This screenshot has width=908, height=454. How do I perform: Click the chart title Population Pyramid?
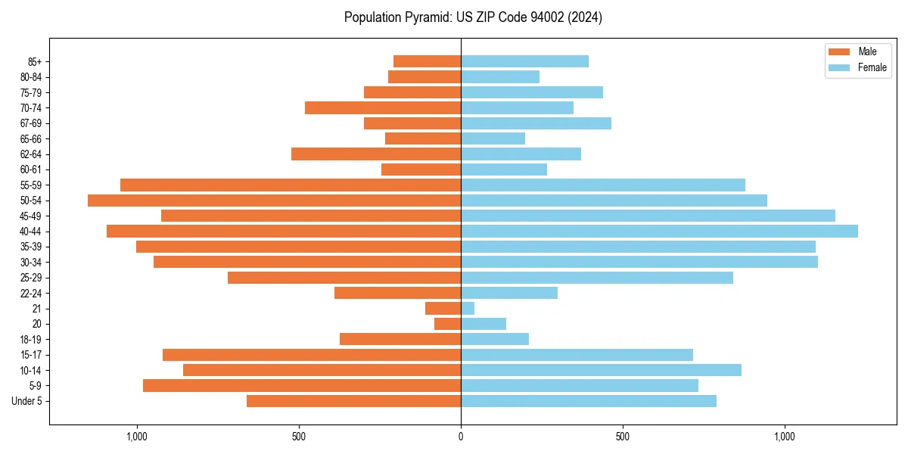(473, 17)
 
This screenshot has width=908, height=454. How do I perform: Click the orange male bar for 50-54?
(274, 201)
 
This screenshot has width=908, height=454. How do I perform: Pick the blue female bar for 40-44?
(659, 232)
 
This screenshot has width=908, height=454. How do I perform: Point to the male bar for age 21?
(443, 309)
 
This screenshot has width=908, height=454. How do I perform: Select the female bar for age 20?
(484, 324)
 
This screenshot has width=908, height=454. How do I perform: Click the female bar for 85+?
(524, 61)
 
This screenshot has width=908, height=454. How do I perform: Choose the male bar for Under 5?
(353, 401)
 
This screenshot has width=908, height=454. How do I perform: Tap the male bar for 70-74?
(383, 108)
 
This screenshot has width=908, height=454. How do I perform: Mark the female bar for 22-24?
(509, 293)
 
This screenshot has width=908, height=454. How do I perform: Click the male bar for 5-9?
(302, 386)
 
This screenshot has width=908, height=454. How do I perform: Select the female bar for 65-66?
(493, 138)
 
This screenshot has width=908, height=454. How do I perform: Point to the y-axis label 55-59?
(31, 185)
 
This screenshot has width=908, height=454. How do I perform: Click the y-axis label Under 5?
(27, 401)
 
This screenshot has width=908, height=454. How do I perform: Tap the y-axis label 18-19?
(31, 340)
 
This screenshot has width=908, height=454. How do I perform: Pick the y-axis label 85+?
(34, 61)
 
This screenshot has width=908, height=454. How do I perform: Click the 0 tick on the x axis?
(461, 437)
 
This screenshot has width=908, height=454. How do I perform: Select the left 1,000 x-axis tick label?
(137, 437)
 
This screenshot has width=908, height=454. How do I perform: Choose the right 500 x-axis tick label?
(623, 437)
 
